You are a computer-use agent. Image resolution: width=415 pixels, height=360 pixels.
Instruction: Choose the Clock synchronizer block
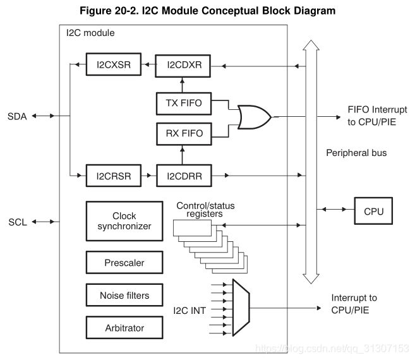124,220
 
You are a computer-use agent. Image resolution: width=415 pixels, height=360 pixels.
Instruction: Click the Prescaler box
124,262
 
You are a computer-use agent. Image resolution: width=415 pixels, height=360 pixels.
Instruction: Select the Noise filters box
124,295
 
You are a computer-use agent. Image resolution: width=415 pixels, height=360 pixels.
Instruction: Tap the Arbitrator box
124,328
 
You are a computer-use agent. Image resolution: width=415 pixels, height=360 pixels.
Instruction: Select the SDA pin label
18,116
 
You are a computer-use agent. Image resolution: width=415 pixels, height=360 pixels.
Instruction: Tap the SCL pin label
17,222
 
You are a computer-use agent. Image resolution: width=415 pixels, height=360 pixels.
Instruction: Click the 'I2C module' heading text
90,32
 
